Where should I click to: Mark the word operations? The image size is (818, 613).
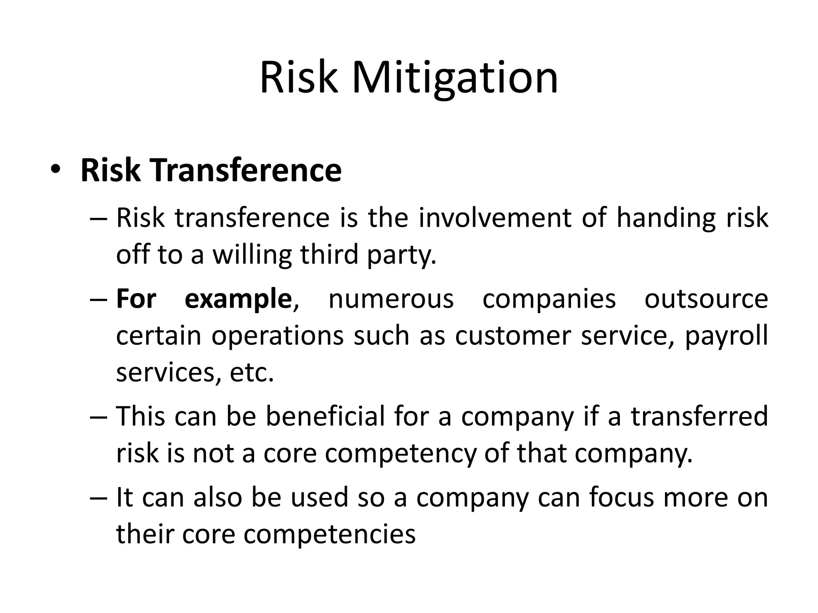pos(277,336)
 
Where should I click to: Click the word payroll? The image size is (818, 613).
pos(727,336)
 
